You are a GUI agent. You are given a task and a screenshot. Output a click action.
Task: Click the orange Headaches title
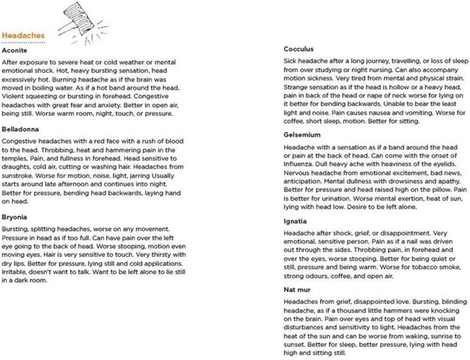(x=23, y=37)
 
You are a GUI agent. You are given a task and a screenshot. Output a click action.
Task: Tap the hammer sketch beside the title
(x=76, y=22)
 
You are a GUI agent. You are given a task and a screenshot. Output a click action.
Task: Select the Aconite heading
(x=16, y=50)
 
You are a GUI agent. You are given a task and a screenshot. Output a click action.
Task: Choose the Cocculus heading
(x=300, y=49)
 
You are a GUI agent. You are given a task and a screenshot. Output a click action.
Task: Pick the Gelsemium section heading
(x=302, y=135)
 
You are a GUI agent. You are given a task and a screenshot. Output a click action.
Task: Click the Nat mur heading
(x=298, y=292)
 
